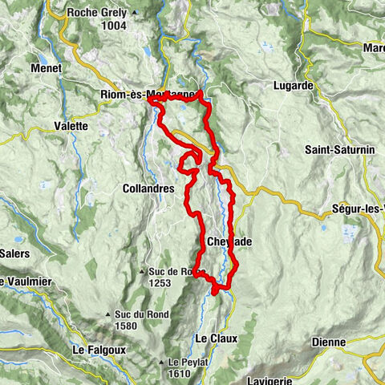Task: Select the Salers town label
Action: (14, 253)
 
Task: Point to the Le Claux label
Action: (217, 338)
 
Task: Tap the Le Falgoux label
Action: (91, 350)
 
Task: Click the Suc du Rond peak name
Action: (141, 314)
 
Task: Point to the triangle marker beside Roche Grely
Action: (134, 13)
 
